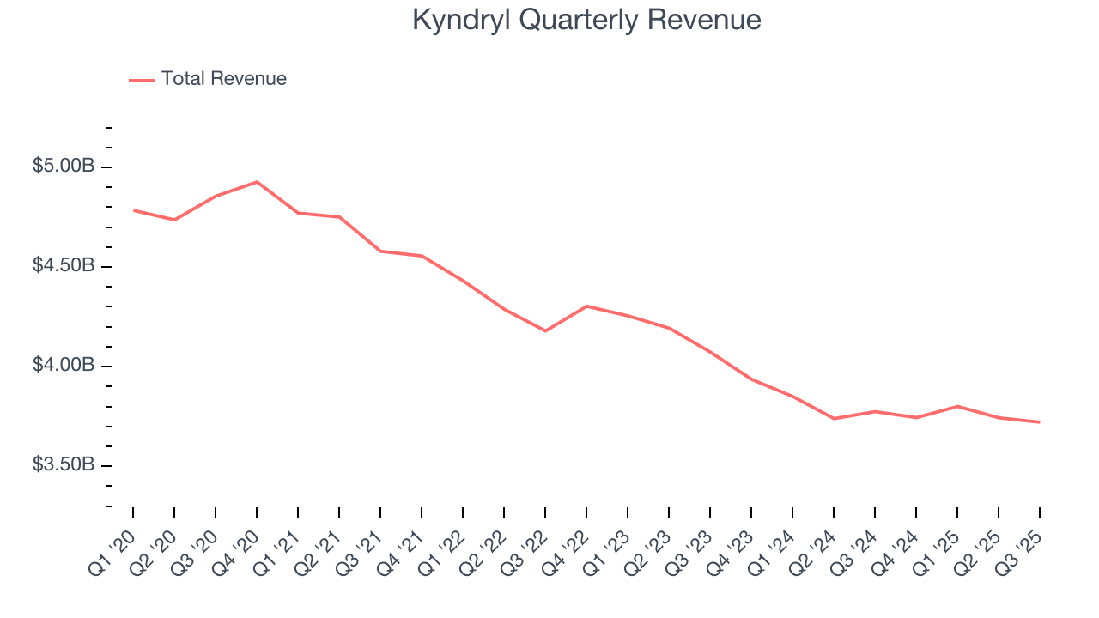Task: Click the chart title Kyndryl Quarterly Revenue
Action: tap(586, 20)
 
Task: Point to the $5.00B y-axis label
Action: tap(64, 167)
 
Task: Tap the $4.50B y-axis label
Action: tap(64, 266)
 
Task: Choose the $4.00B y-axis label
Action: tap(64, 366)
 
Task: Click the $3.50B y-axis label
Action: tap(64, 465)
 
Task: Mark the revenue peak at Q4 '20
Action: tap(257, 182)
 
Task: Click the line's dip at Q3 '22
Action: tap(545, 330)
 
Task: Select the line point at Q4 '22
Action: tap(586, 306)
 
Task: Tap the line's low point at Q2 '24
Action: tap(834, 418)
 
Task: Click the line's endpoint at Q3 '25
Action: tap(1040, 421)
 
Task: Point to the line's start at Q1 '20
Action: tap(134, 210)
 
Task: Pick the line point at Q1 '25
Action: tap(957, 406)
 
